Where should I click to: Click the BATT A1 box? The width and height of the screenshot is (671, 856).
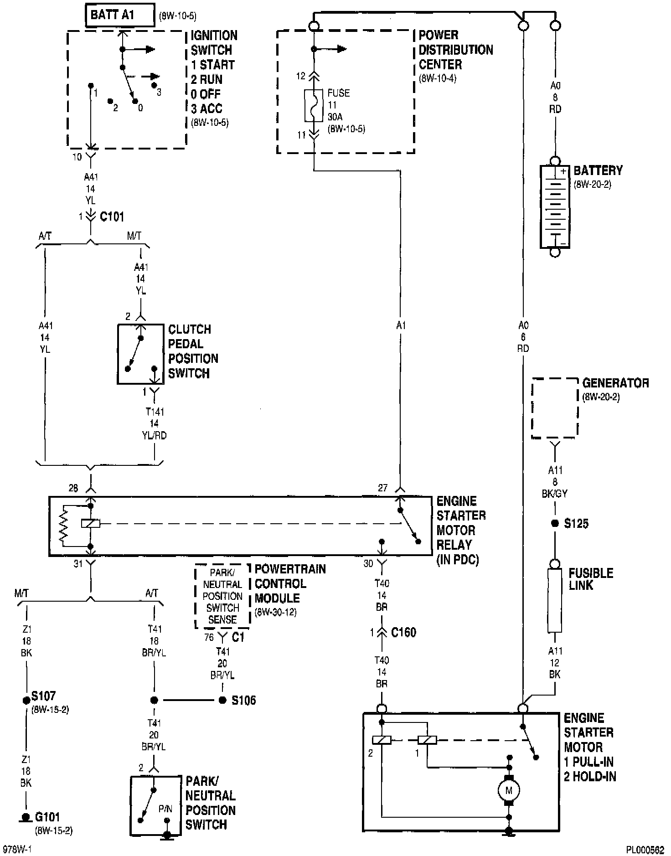click(119, 15)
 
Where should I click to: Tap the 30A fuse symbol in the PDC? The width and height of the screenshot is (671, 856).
click(314, 105)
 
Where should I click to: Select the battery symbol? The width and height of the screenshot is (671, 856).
click(555, 206)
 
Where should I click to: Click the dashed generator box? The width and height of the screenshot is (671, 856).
click(555, 408)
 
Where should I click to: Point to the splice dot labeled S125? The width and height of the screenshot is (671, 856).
click(555, 523)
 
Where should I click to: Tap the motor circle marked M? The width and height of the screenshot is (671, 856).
click(509, 790)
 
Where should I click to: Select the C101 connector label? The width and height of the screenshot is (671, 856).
click(112, 217)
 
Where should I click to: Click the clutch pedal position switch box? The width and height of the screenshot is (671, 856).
click(140, 354)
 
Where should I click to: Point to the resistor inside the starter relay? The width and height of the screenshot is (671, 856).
click(63, 525)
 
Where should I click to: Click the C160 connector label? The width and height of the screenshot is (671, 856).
click(403, 633)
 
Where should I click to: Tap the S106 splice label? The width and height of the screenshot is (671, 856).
click(243, 701)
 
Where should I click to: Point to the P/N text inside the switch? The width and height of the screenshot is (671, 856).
click(165, 809)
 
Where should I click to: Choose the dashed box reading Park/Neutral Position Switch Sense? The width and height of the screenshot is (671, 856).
click(222, 596)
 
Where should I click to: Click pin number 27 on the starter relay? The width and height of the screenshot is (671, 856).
click(382, 488)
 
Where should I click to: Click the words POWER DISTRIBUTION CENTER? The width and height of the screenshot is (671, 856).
click(455, 50)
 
